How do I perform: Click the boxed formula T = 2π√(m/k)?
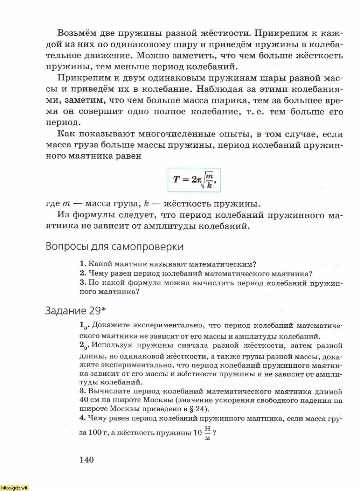click(x=194, y=180)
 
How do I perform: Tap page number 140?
click(x=87, y=460)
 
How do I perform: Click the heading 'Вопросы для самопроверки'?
click(x=115, y=246)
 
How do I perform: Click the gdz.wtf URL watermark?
click(x=14, y=488)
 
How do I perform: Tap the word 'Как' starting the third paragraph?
click(x=66, y=135)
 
